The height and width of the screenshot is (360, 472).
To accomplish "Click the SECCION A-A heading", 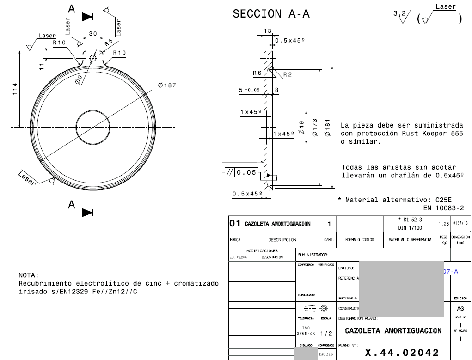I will [271, 14].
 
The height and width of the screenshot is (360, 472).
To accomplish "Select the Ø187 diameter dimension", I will [167, 85].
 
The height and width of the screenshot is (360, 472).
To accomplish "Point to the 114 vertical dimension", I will [14, 89].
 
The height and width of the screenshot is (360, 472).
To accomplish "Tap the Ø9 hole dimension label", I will [79, 80].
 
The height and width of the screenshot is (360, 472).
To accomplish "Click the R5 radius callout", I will [108, 43].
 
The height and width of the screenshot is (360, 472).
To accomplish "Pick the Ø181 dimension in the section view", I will [327, 128].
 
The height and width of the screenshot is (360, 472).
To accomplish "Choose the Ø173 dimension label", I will [315, 128].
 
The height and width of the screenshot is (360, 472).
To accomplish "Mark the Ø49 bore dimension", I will [301, 128].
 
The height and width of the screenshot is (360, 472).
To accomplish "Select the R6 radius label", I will [257, 73].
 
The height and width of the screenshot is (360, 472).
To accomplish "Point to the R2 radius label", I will [287, 74].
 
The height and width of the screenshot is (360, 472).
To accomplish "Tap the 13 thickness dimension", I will [267, 31].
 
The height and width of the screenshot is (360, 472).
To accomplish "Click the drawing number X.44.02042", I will [402, 353].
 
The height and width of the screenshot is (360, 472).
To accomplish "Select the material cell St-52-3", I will [410, 220].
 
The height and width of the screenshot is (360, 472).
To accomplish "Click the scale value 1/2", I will [326, 333].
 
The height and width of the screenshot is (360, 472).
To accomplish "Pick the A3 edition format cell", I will [460, 308].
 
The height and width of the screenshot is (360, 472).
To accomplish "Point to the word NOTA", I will [29, 275].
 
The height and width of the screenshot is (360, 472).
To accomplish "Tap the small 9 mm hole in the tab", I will [93, 58].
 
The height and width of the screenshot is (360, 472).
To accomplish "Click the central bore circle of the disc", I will [93, 127].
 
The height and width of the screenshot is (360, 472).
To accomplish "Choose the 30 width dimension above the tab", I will [93, 34].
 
